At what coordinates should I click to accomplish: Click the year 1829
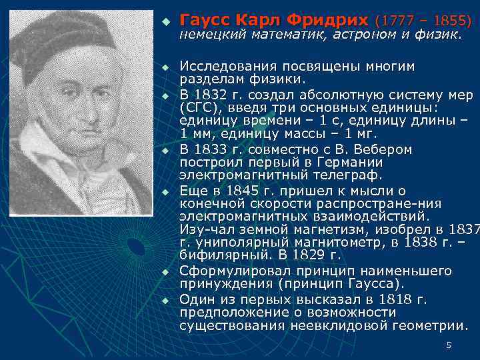click(x=305, y=255)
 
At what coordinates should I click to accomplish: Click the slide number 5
click(x=449, y=345)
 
